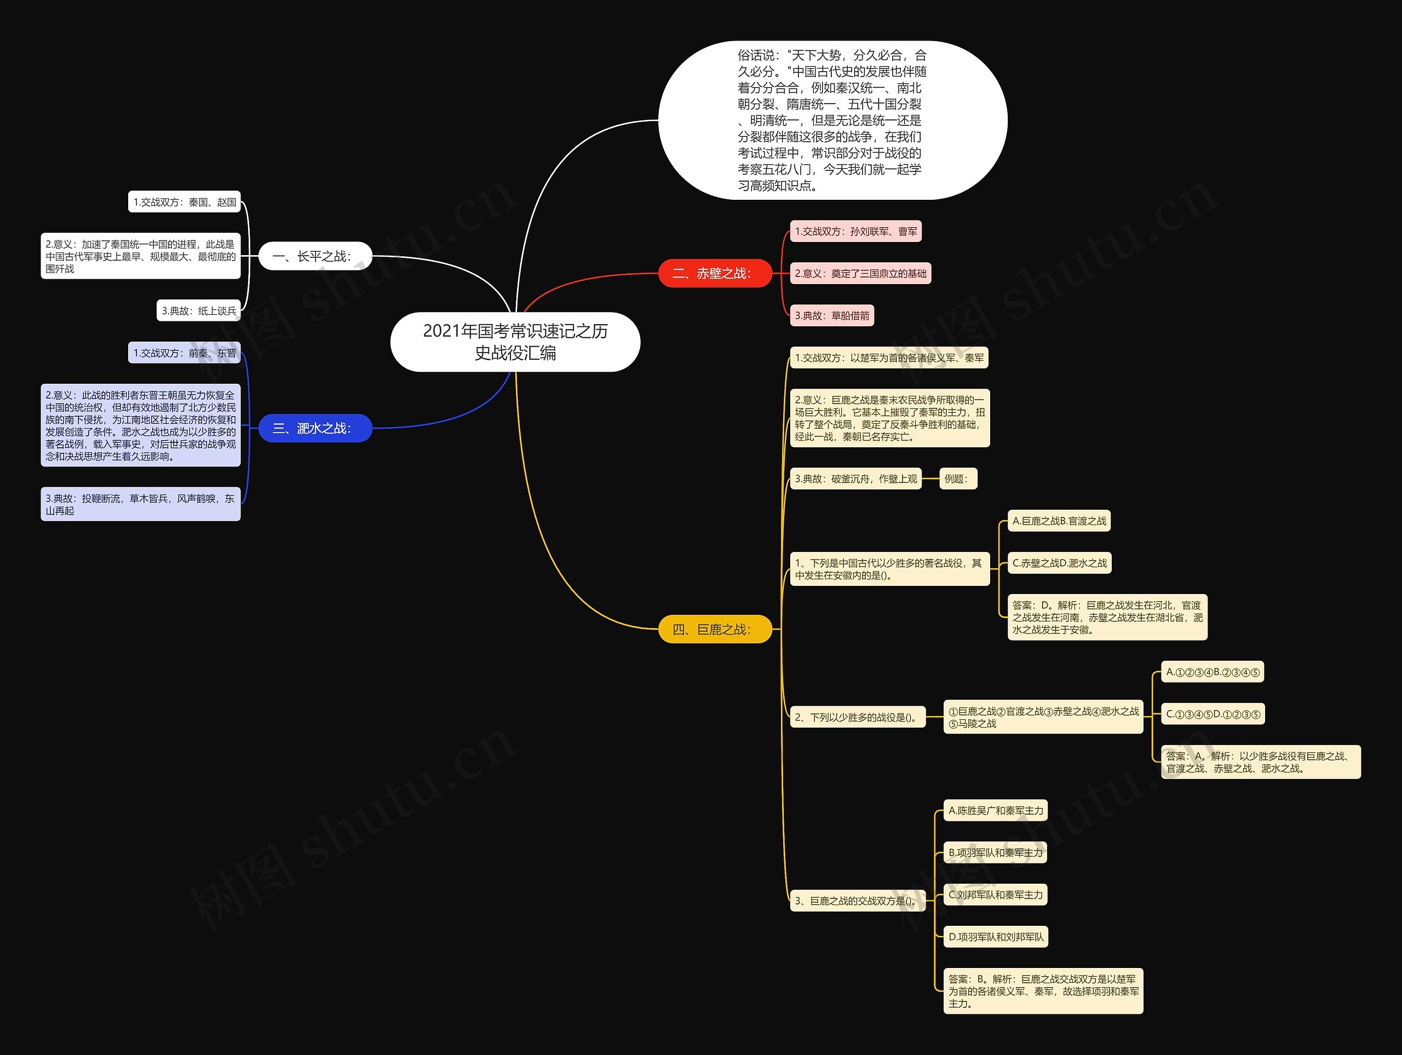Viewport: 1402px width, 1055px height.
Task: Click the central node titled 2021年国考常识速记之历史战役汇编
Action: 515,342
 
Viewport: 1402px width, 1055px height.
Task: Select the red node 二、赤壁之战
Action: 714,273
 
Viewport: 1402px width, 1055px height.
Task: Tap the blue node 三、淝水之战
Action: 315,428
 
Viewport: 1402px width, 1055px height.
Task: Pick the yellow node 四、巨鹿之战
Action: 714,629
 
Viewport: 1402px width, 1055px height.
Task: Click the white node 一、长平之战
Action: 315,256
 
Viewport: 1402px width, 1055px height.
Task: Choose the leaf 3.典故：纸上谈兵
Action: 198,310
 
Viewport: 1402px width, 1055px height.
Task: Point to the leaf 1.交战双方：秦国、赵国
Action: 185,202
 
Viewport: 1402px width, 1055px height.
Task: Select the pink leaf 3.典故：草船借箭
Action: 831,315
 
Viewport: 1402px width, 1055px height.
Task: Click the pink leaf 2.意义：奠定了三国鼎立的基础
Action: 860,273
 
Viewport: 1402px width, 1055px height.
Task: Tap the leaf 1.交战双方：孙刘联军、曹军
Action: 855,231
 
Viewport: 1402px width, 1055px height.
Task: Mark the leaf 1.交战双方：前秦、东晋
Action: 185,353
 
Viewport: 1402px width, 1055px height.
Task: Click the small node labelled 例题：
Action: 957,479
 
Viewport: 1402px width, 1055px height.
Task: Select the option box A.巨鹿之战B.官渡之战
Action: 1059,521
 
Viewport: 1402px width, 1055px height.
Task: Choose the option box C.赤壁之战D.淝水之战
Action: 1059,563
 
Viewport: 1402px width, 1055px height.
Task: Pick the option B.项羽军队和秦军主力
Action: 995,852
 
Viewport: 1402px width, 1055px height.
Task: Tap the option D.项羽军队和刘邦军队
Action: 996,937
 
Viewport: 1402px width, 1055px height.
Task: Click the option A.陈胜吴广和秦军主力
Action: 995,810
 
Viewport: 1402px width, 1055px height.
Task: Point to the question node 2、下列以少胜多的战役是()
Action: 857,717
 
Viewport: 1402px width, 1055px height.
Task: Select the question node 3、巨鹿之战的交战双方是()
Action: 857,901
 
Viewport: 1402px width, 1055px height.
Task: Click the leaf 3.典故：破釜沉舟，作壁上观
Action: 855,479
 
